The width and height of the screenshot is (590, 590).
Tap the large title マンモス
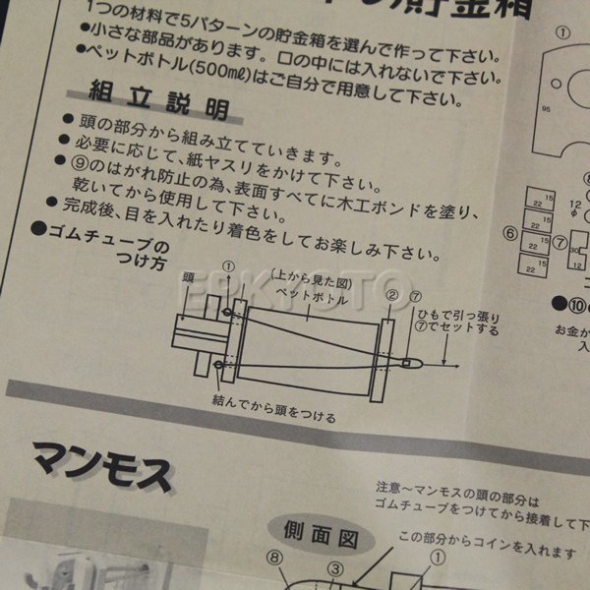(x=102, y=464)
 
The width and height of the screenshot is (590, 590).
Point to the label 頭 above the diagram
(x=189, y=278)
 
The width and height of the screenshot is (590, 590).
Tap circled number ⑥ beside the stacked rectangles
(x=510, y=234)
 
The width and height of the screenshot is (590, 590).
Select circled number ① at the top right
(x=563, y=30)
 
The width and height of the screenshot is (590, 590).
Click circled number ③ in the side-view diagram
(x=333, y=568)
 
